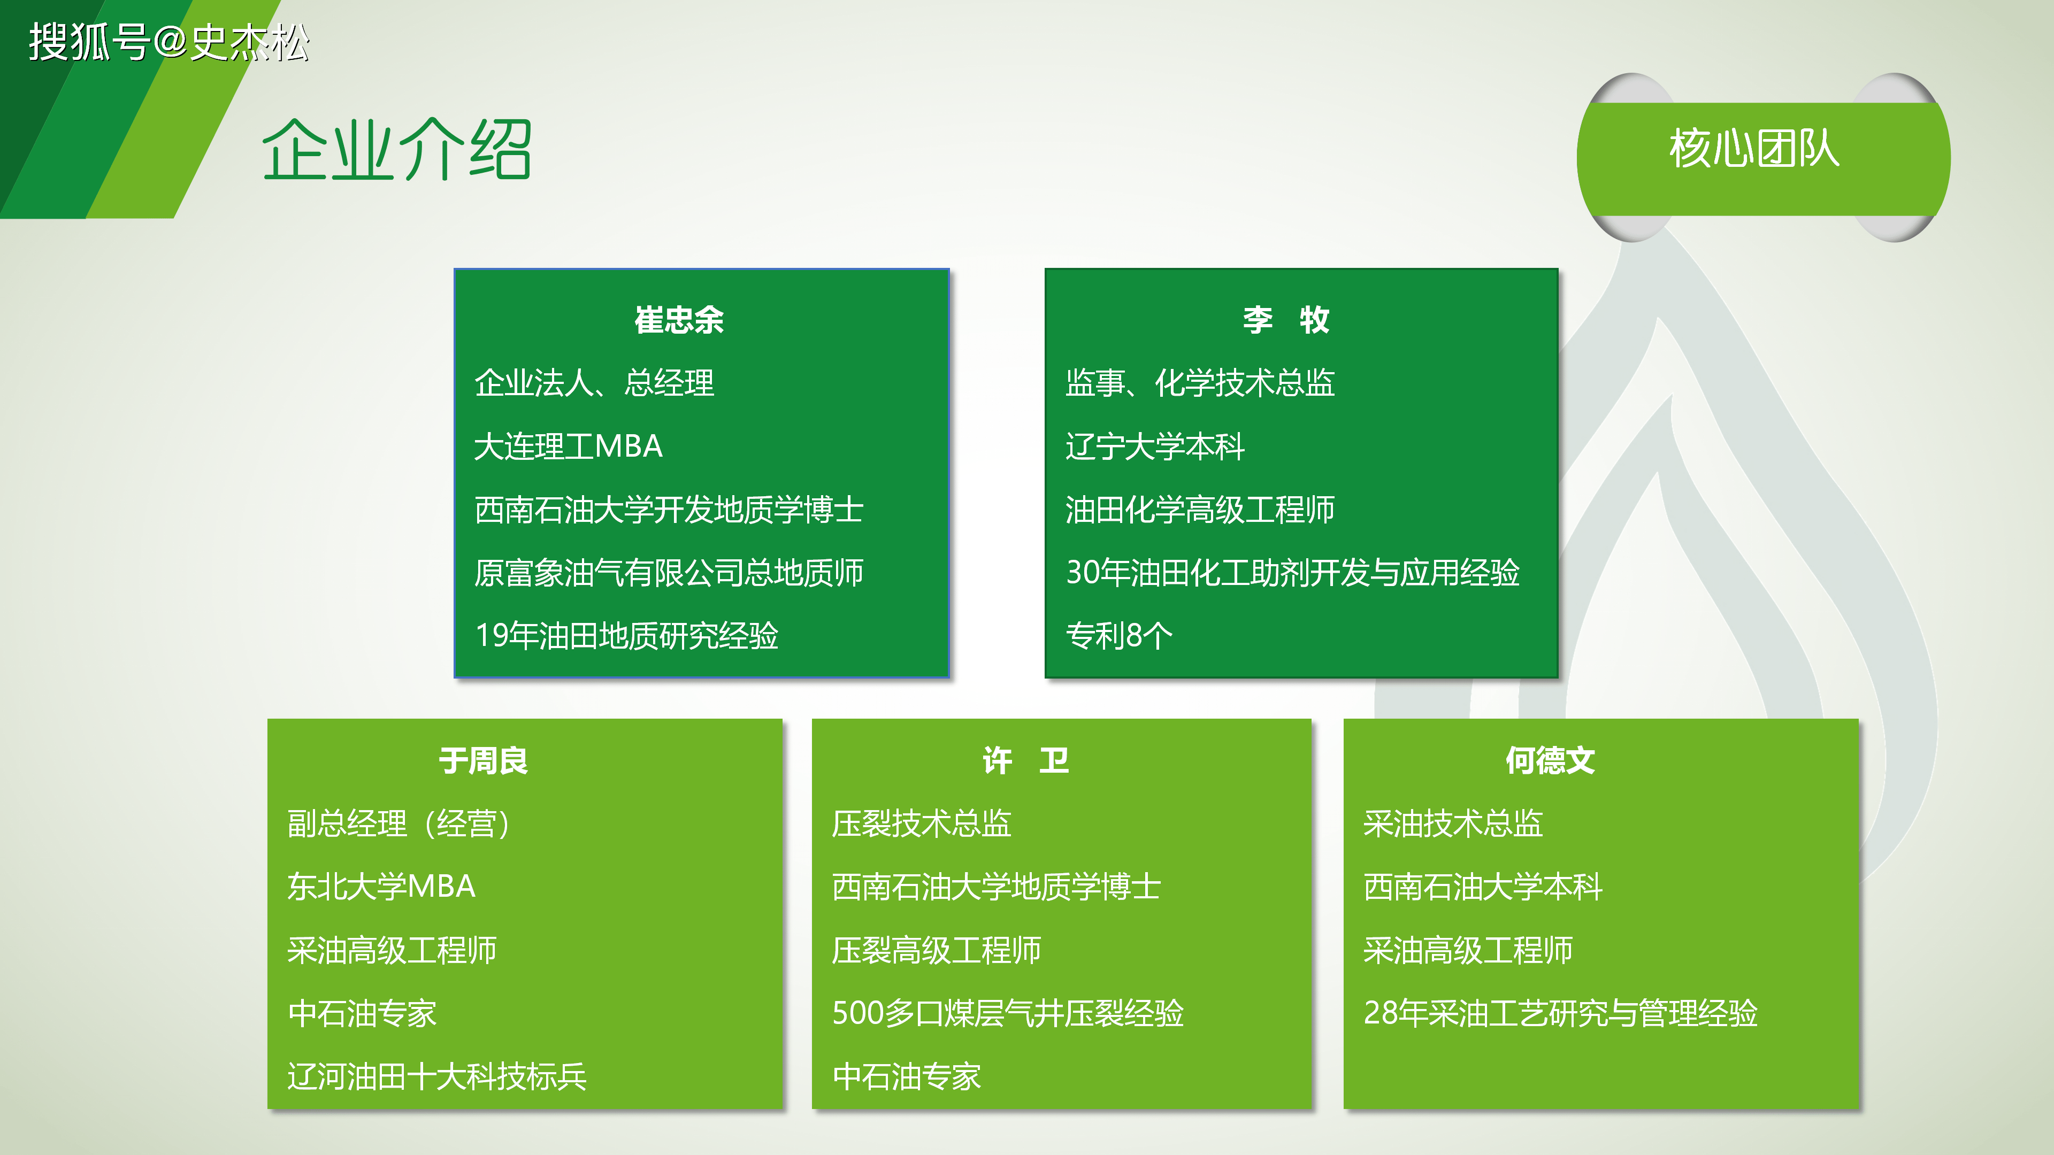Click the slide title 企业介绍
396,149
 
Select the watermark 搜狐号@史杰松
169,42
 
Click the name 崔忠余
679,320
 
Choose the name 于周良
483,760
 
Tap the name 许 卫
1025,760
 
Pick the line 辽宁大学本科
1155,446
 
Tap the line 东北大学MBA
382,887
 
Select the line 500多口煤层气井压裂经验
1008,1013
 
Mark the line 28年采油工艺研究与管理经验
1560,1013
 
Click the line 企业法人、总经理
594,383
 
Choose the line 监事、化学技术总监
1200,383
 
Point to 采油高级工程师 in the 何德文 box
1468,950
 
